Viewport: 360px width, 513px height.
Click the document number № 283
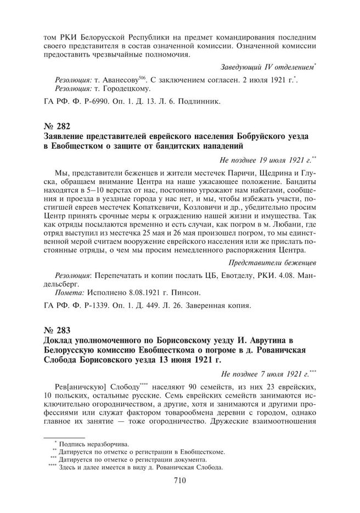click(57, 331)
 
